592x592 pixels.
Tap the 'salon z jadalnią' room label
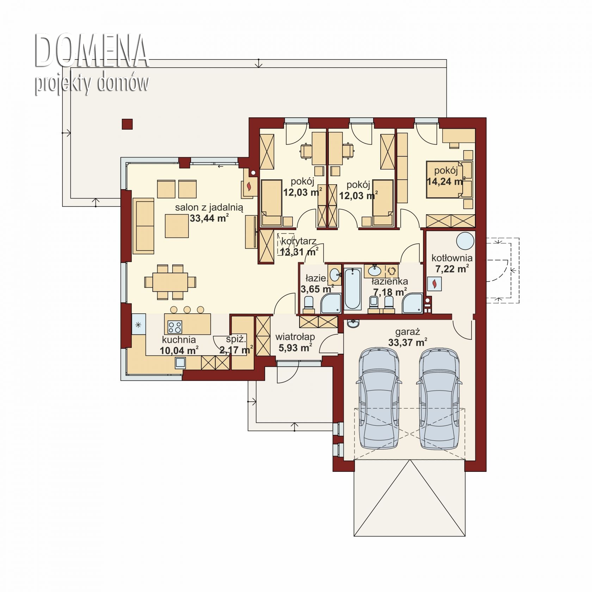[209, 208]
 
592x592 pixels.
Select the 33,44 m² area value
[209, 218]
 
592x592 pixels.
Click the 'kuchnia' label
[179, 340]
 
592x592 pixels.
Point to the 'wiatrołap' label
[295, 337]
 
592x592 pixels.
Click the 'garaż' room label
[408, 332]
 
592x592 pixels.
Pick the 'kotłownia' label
[452, 258]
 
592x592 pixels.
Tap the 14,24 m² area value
[446, 182]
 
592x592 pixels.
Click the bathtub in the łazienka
[352, 289]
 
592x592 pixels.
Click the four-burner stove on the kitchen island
[175, 327]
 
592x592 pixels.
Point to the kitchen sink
[180, 363]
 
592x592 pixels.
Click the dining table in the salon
[170, 282]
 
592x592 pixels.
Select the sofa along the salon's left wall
[143, 226]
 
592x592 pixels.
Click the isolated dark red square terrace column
[127, 124]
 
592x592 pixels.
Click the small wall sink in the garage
[353, 323]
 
